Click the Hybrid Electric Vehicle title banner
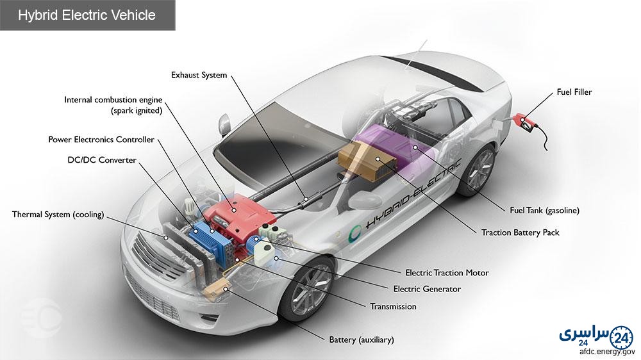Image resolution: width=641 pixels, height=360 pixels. click(x=87, y=15)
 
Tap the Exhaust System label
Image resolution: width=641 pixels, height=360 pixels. click(x=199, y=75)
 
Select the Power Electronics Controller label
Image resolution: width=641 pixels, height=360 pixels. click(x=101, y=140)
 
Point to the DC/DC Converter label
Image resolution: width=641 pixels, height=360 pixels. click(x=102, y=160)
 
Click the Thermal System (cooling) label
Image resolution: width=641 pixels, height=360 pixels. click(x=58, y=215)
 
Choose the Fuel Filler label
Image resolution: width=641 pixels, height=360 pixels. click(x=574, y=92)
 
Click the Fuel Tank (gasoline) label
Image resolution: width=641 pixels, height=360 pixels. click(x=544, y=211)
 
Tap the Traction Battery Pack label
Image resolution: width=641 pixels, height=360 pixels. click(x=520, y=233)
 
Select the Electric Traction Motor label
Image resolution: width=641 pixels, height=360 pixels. click(x=447, y=272)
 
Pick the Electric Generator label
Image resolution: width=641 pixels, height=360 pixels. click(x=427, y=290)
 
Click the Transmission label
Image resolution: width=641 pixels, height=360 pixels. click(x=393, y=306)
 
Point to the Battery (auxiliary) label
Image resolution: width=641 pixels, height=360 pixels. click(x=362, y=340)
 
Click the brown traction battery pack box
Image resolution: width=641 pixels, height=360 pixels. click(x=367, y=161)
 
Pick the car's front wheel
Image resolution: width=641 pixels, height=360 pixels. click(x=306, y=291)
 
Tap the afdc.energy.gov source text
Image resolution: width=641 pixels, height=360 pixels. click(x=607, y=352)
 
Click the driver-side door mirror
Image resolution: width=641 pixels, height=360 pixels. click(x=224, y=125)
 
